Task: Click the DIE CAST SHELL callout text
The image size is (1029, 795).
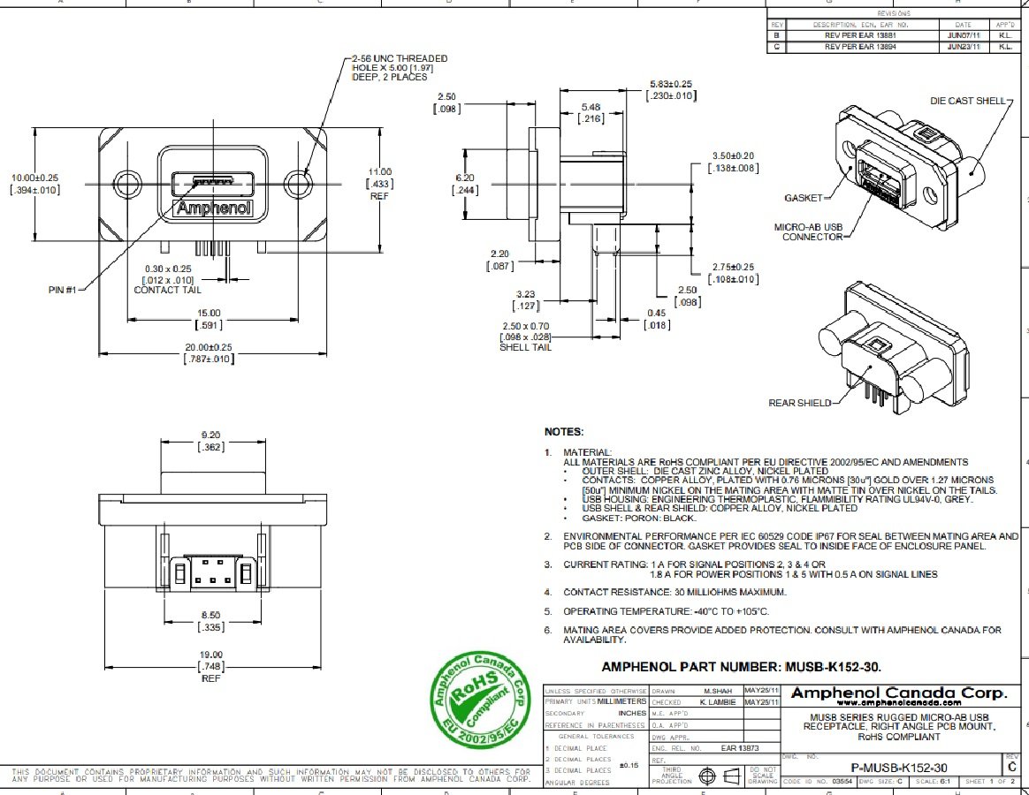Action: click(968, 101)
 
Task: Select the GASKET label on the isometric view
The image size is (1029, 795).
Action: click(803, 198)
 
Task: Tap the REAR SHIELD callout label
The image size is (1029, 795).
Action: click(800, 403)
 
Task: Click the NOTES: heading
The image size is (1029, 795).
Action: click(564, 432)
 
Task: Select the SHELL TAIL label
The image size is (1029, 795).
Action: click(527, 347)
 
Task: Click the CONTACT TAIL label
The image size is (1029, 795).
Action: click(167, 290)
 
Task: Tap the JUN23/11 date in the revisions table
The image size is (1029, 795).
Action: click(963, 46)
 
